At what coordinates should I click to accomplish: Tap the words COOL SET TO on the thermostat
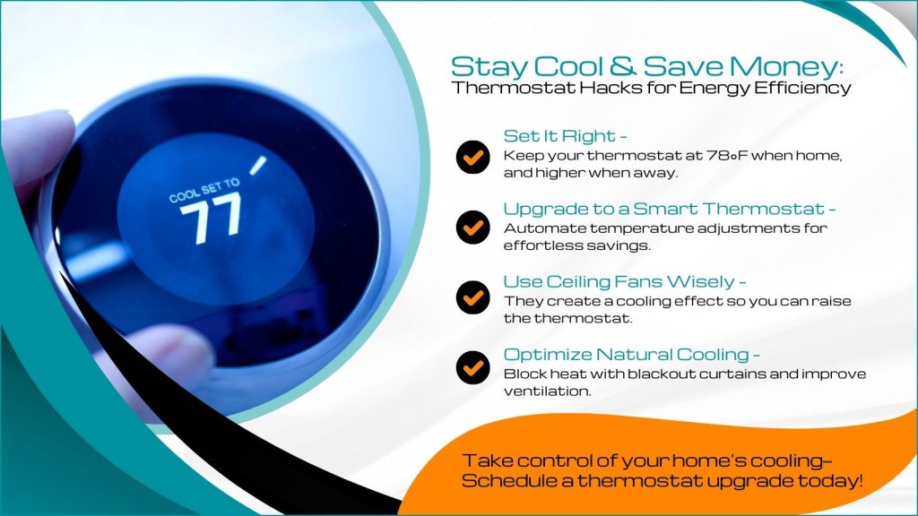[205, 191]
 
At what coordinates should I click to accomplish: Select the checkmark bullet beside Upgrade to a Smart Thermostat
[471, 228]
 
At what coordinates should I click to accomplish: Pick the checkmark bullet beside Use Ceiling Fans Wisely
[471, 297]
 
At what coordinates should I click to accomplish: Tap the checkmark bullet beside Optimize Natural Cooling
[471, 366]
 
